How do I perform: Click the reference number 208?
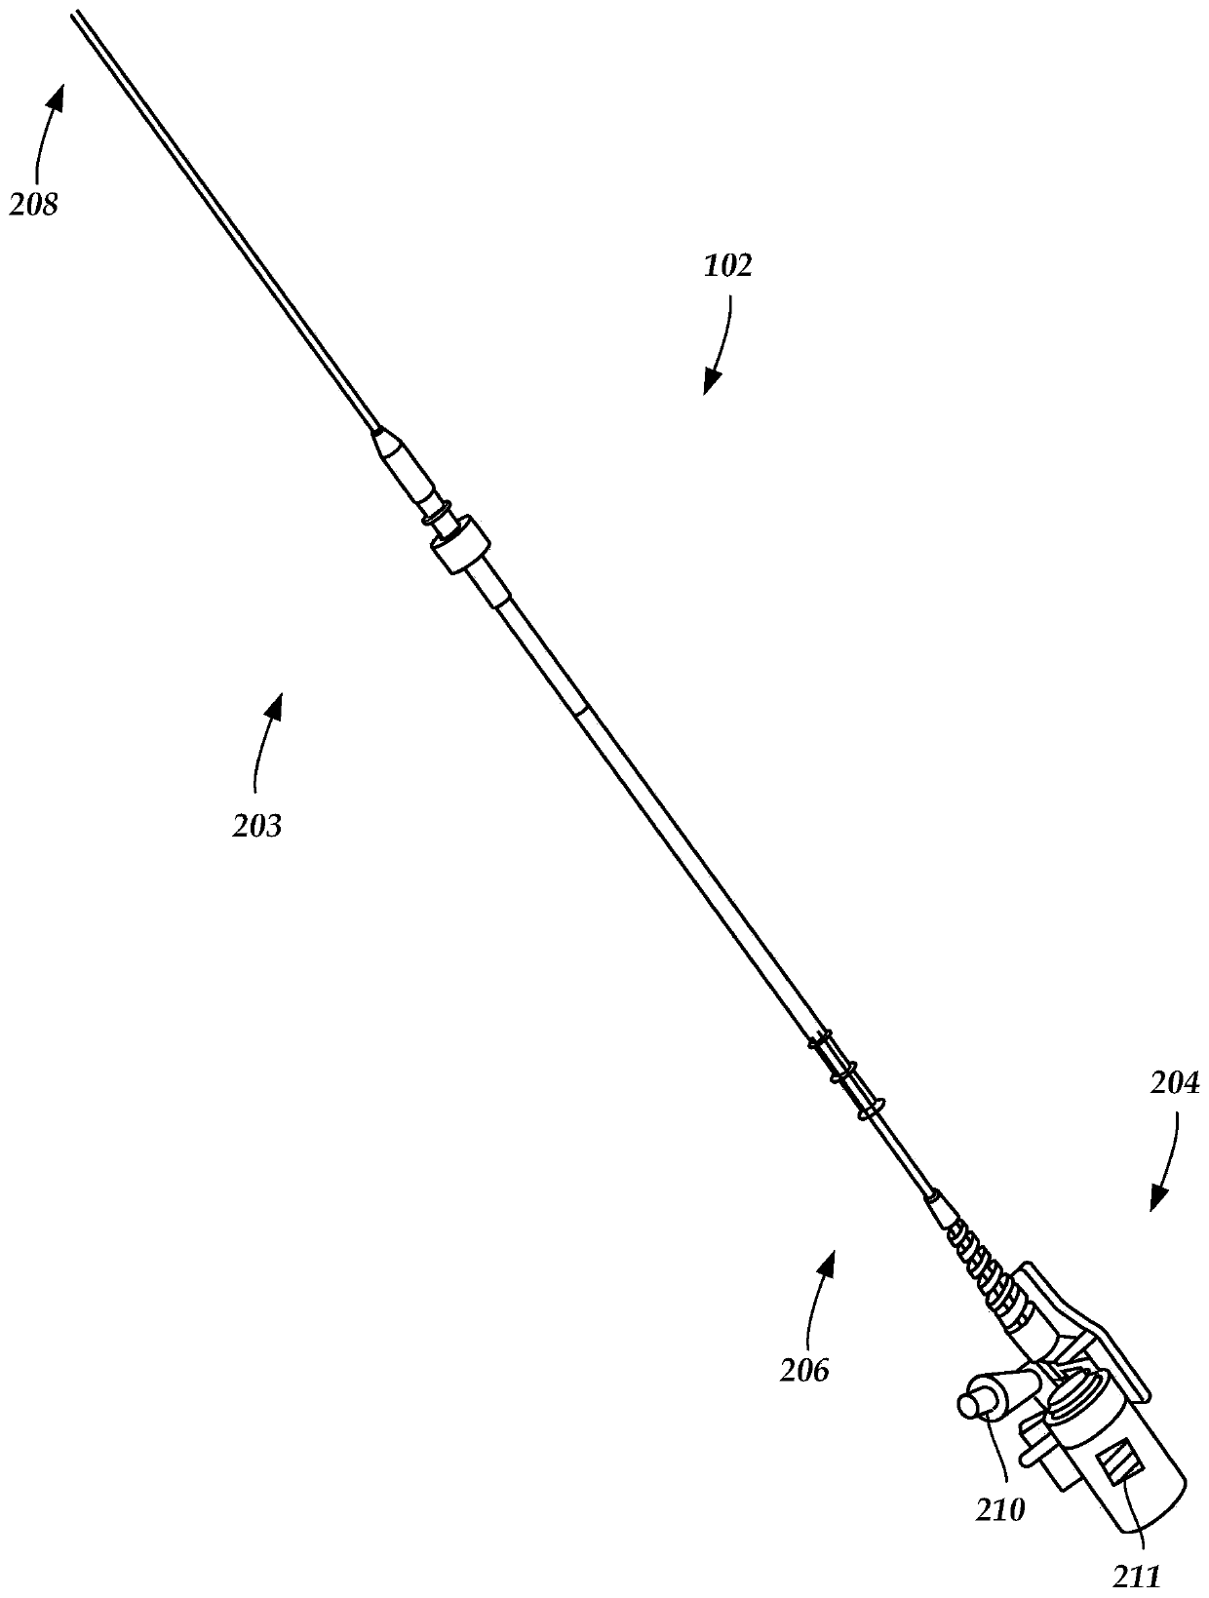tap(34, 205)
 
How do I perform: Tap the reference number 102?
tap(728, 266)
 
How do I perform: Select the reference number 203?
tap(257, 826)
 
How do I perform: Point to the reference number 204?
tap(1175, 1083)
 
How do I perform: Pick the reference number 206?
tap(804, 1370)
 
